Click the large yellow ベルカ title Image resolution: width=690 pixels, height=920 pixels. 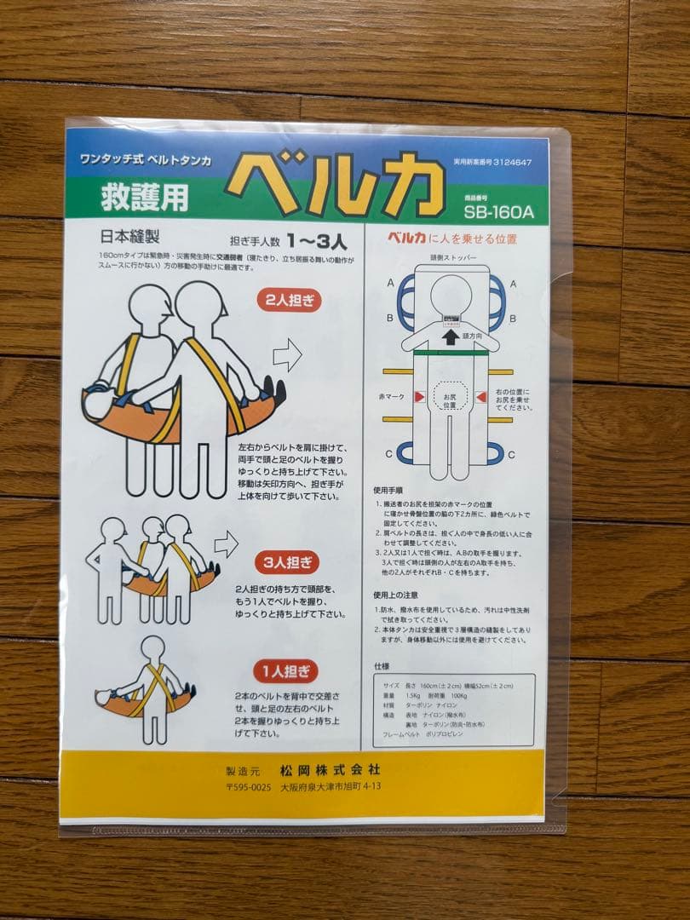pos(337,184)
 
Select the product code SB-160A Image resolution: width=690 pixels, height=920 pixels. pos(499,211)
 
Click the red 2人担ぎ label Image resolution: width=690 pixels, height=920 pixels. pos(289,301)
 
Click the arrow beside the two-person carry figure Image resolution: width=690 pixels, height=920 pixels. pos(288,354)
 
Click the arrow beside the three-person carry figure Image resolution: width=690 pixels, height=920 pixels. pos(225,543)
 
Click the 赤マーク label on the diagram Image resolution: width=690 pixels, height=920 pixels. pos(393,397)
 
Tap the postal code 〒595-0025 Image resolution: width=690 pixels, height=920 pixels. pos(247,787)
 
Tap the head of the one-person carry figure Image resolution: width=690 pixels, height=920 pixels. pos(152,647)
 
